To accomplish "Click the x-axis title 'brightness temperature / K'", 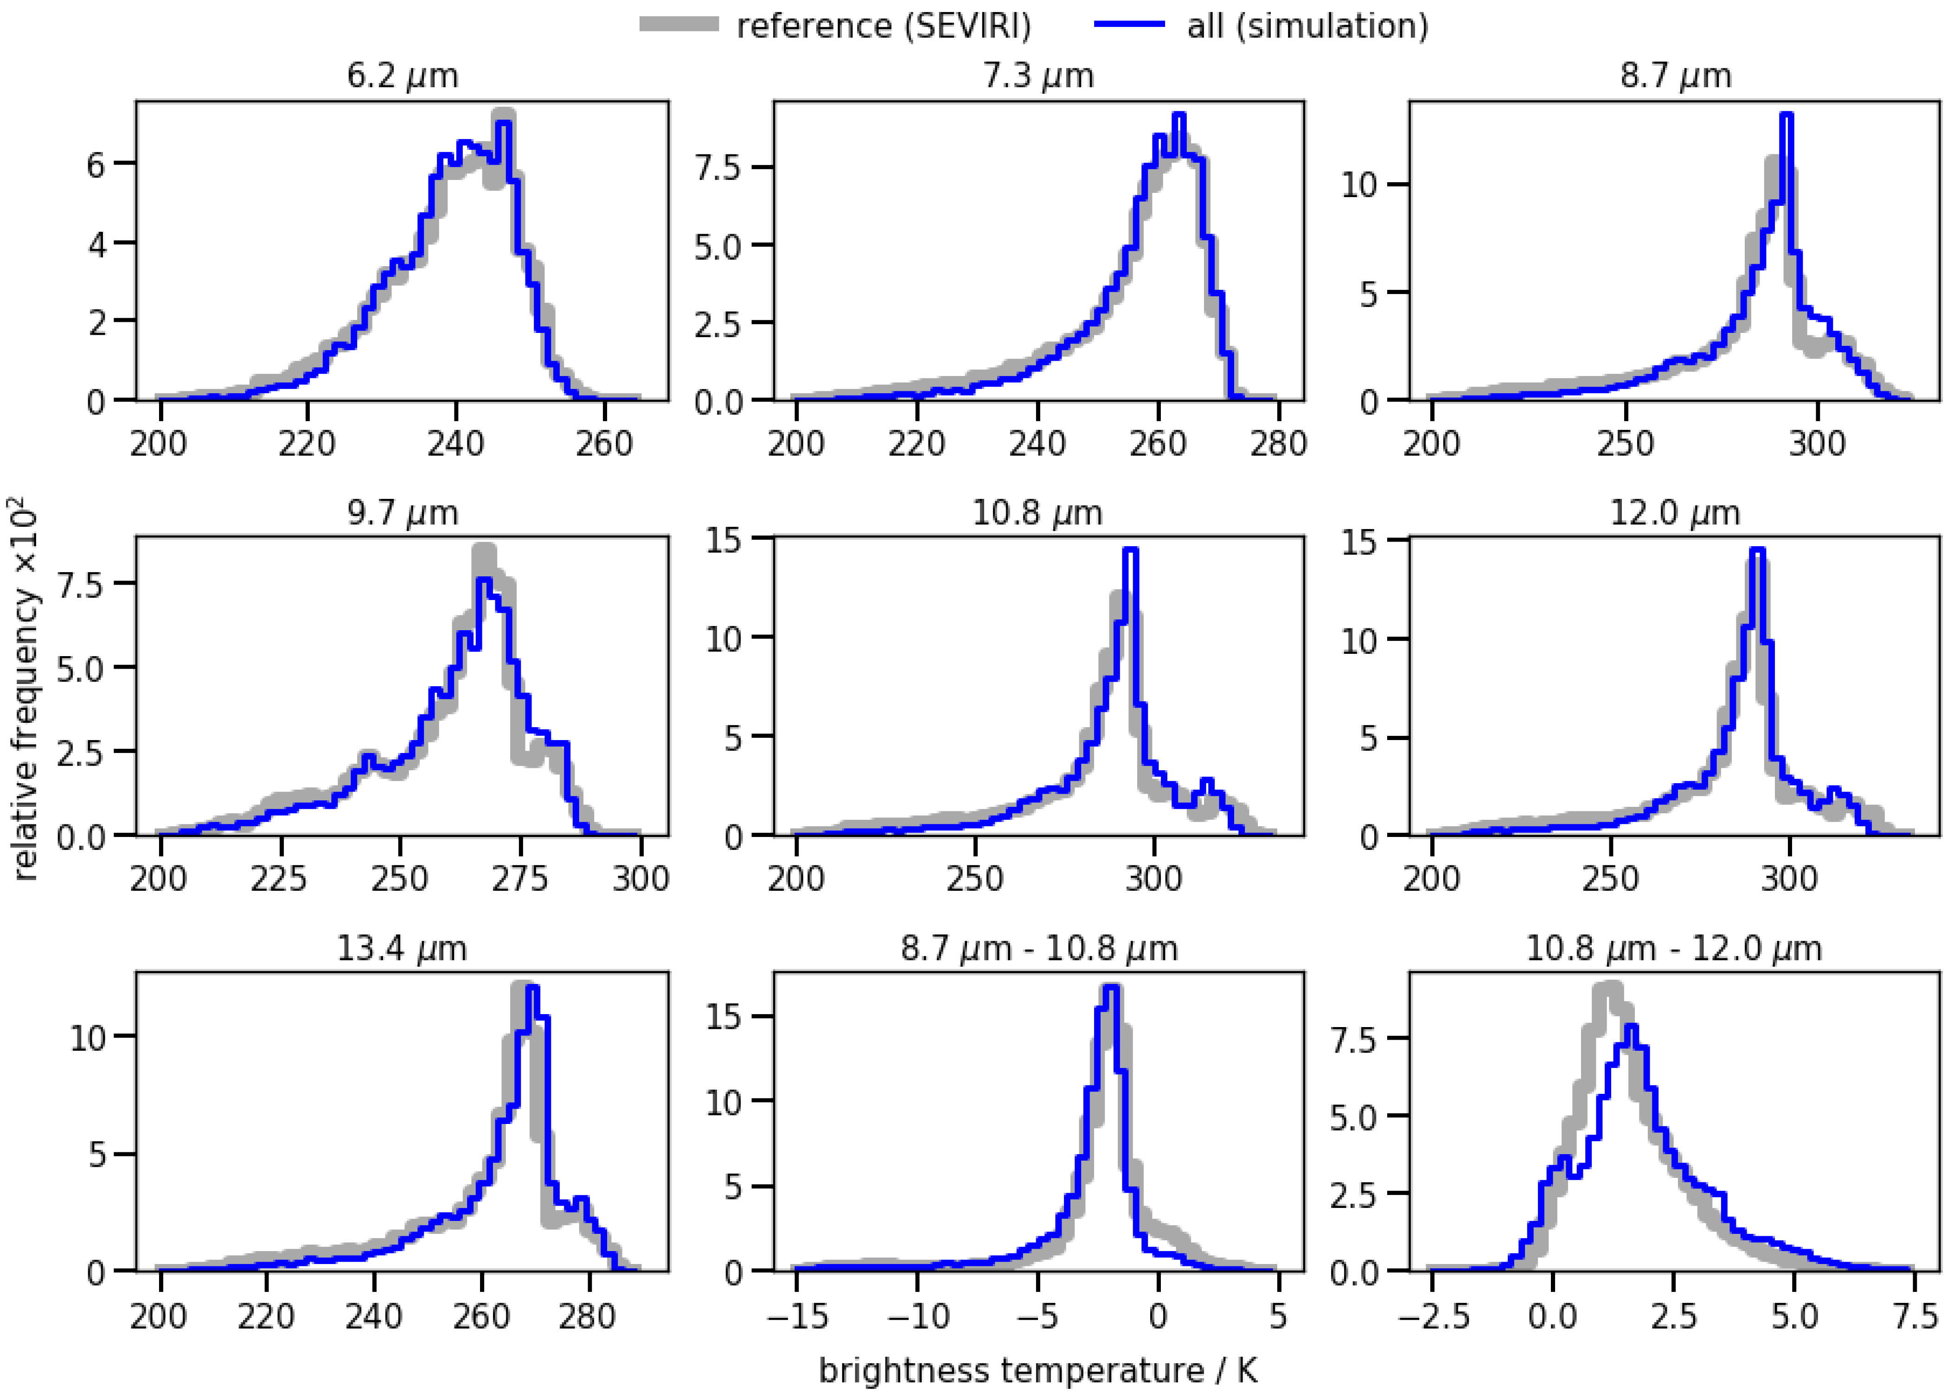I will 1037,1370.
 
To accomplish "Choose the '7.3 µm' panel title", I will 1038,76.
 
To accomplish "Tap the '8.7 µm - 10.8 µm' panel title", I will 1038,949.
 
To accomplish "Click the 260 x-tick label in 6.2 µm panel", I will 604,443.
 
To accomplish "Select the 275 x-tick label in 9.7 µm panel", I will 519,879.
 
